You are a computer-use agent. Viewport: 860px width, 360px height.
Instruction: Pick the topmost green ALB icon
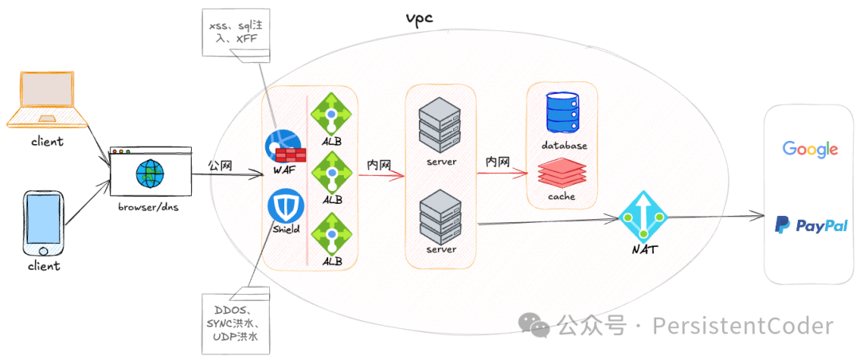(330, 115)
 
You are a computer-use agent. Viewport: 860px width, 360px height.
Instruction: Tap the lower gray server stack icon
(440, 213)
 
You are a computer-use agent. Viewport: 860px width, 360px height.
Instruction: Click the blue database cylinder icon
(564, 113)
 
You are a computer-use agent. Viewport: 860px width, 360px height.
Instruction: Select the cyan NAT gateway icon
(643, 216)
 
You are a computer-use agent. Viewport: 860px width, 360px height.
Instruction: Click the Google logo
(810, 149)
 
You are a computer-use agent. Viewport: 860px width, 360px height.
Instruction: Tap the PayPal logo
(811, 225)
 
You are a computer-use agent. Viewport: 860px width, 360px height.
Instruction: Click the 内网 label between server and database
(498, 162)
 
